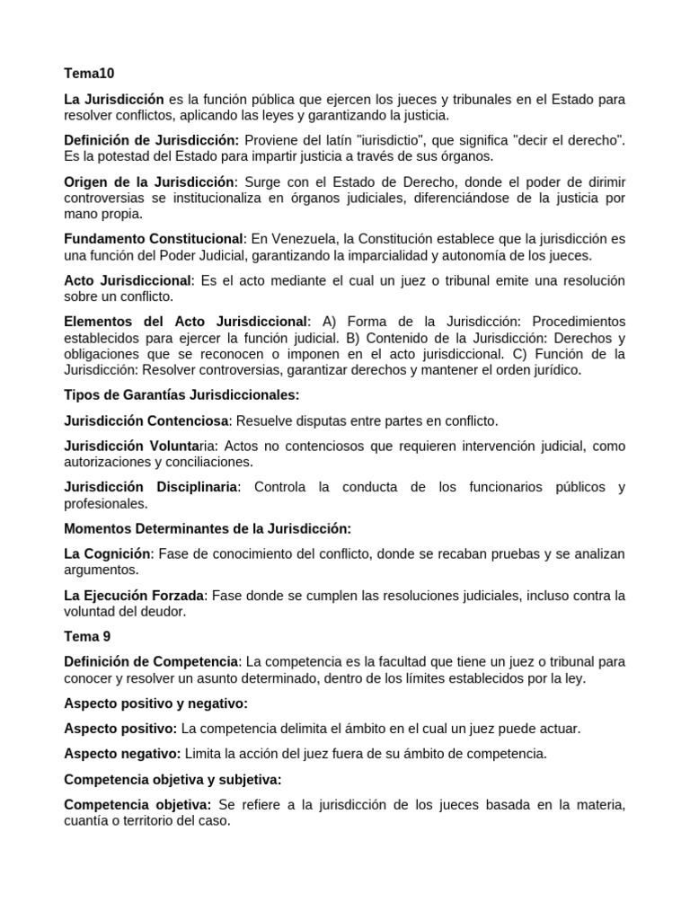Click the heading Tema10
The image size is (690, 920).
pyautogui.click(x=89, y=73)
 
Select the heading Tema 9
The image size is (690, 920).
pyautogui.click(x=88, y=636)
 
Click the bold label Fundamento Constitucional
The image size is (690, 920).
pyautogui.click(x=154, y=239)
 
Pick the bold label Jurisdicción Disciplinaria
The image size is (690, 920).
pyautogui.click(x=151, y=487)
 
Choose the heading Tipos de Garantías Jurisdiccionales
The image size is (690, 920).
pyautogui.click(x=181, y=394)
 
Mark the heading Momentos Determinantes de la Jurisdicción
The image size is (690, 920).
pyautogui.click(x=208, y=528)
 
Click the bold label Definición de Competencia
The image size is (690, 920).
pyautogui.click(x=151, y=662)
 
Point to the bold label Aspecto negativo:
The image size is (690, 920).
pyautogui.click(x=121, y=754)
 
